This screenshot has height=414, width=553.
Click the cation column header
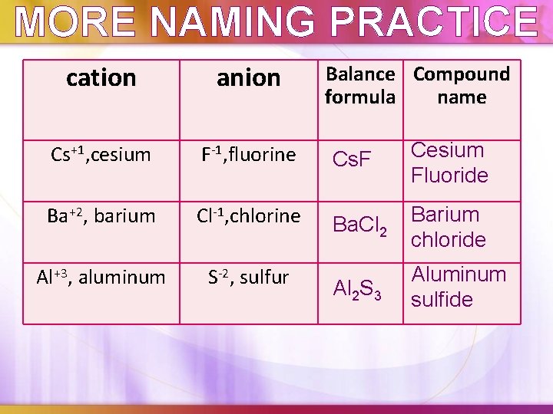coord(101,78)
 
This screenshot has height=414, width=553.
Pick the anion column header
coord(248,78)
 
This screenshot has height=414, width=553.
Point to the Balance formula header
coord(360,85)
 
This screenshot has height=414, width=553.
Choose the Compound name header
coord(461,85)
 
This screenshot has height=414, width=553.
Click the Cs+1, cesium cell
coord(101,155)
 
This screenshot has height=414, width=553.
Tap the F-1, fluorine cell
coord(248,155)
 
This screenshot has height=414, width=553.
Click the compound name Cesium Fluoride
coord(449,163)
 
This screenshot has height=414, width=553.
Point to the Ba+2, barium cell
coord(101,216)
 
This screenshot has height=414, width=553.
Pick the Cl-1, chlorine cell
coord(248,216)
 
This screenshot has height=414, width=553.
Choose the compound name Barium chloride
coord(449,227)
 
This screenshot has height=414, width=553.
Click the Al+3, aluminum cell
coord(101,278)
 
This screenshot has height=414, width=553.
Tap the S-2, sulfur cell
coord(248,278)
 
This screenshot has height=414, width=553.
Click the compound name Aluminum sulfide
coord(459,287)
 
